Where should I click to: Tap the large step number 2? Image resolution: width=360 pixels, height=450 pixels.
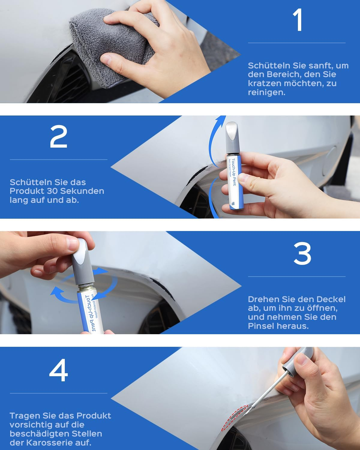coord(58,136)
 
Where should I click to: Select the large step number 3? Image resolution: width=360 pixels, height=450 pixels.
coord(302,253)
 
